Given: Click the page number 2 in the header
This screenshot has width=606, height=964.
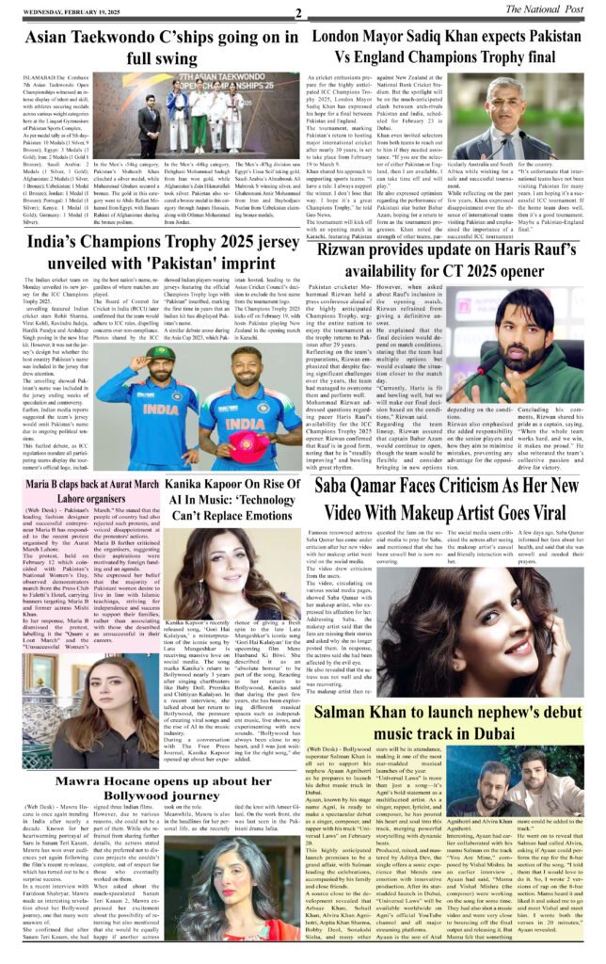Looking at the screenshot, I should pos(298,12).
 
